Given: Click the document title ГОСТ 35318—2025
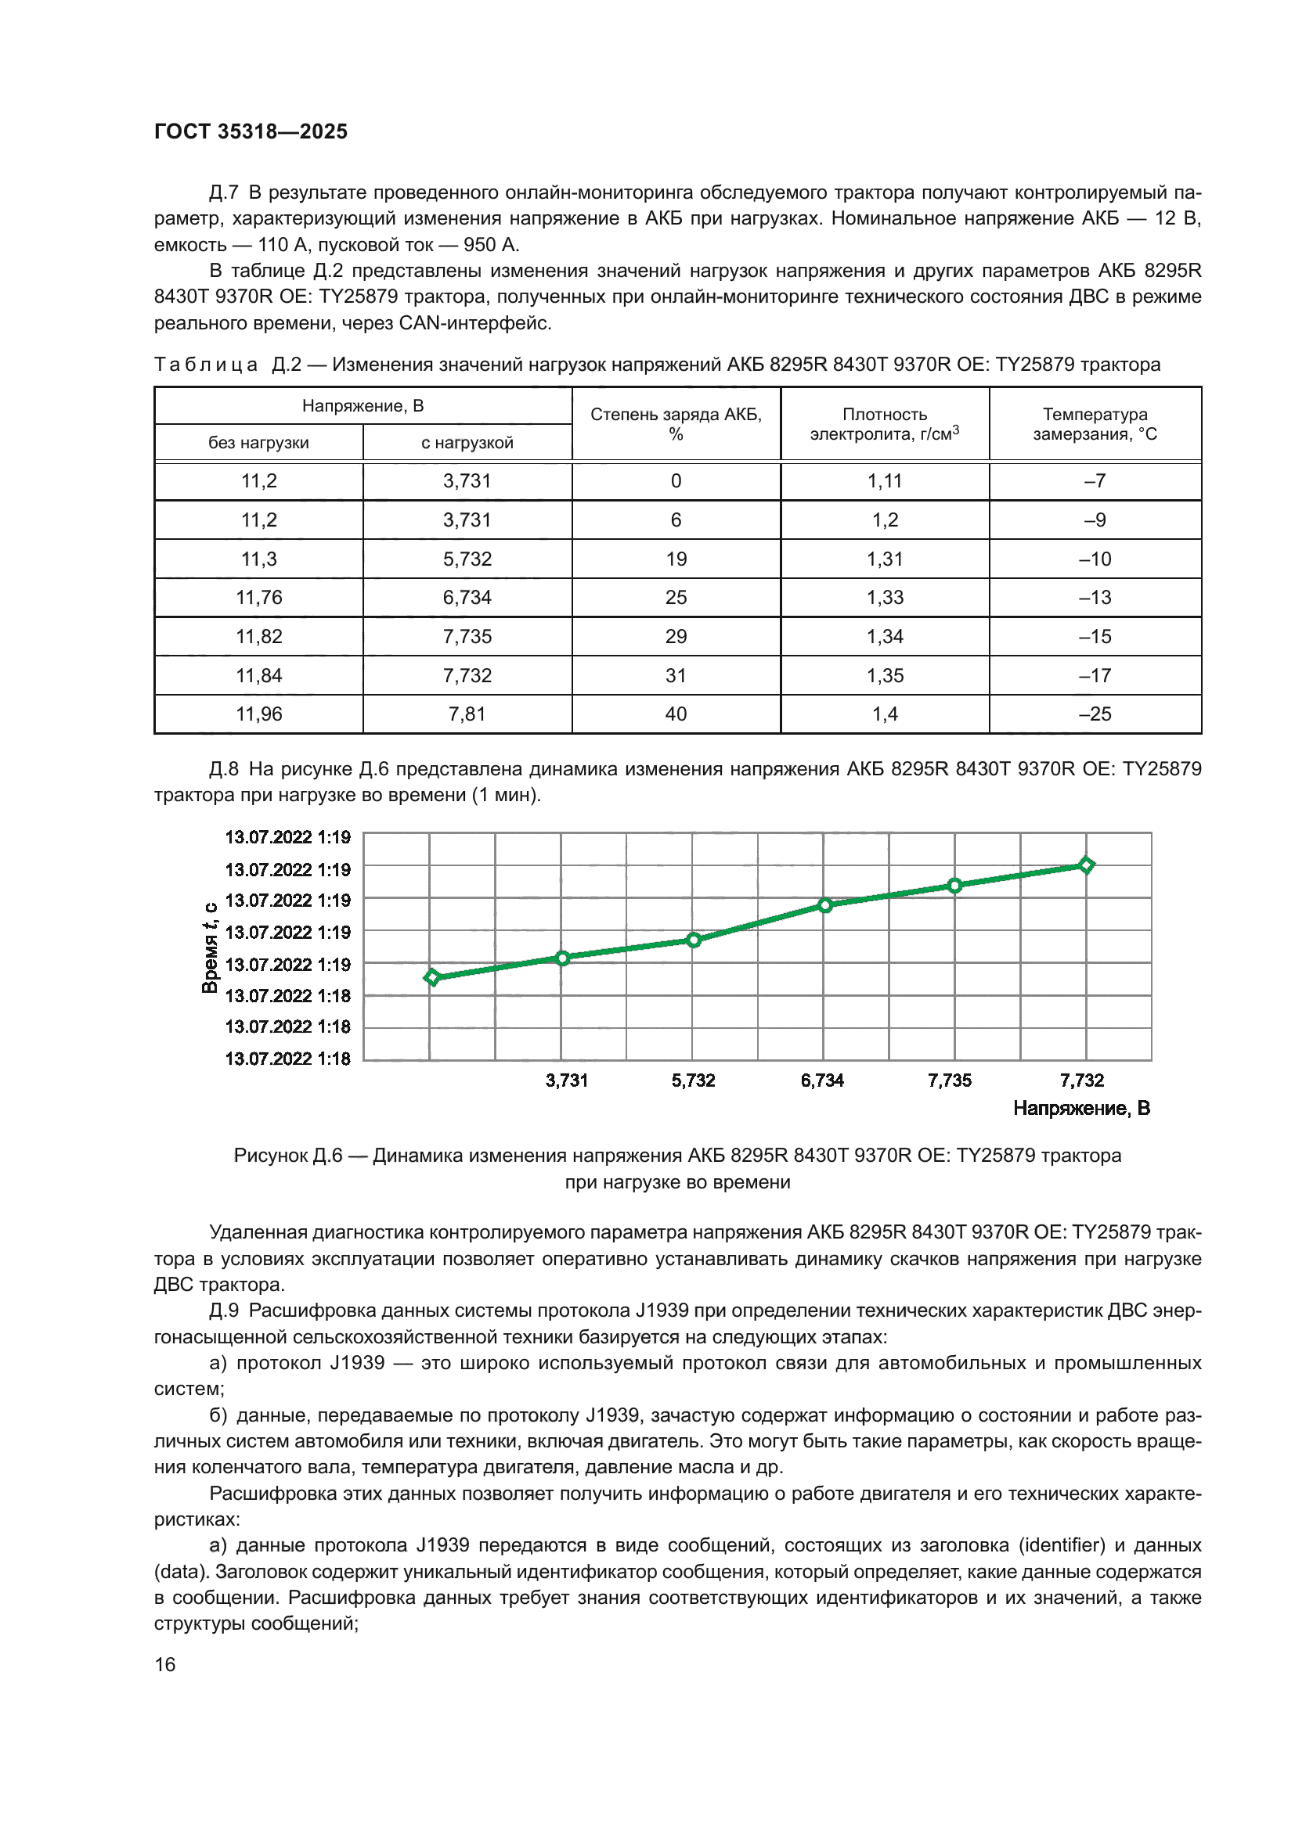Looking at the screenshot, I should [x=251, y=131].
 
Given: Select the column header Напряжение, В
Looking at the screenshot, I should [x=363, y=406].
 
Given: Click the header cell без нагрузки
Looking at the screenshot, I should [x=258, y=442].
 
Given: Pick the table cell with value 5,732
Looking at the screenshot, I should [x=467, y=559].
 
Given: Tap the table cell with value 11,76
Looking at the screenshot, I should [x=258, y=597].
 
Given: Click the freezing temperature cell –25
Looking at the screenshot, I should [x=1095, y=714].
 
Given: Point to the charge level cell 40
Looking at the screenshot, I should [x=676, y=714].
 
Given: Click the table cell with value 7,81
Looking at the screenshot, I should [x=467, y=714].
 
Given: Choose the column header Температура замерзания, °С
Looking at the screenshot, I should [x=1095, y=424].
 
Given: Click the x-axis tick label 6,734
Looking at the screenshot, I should [x=822, y=1080].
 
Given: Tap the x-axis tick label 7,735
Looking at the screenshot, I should [x=949, y=1080].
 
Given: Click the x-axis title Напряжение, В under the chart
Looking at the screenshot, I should [x=1080, y=1108].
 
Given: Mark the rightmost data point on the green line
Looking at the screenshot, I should [x=1086, y=865].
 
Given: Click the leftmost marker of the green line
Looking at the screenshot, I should [x=432, y=977].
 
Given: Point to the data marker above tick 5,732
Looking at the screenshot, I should [x=694, y=940].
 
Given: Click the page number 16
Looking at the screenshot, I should [x=165, y=1664].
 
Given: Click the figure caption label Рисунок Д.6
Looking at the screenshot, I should [x=287, y=1155].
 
